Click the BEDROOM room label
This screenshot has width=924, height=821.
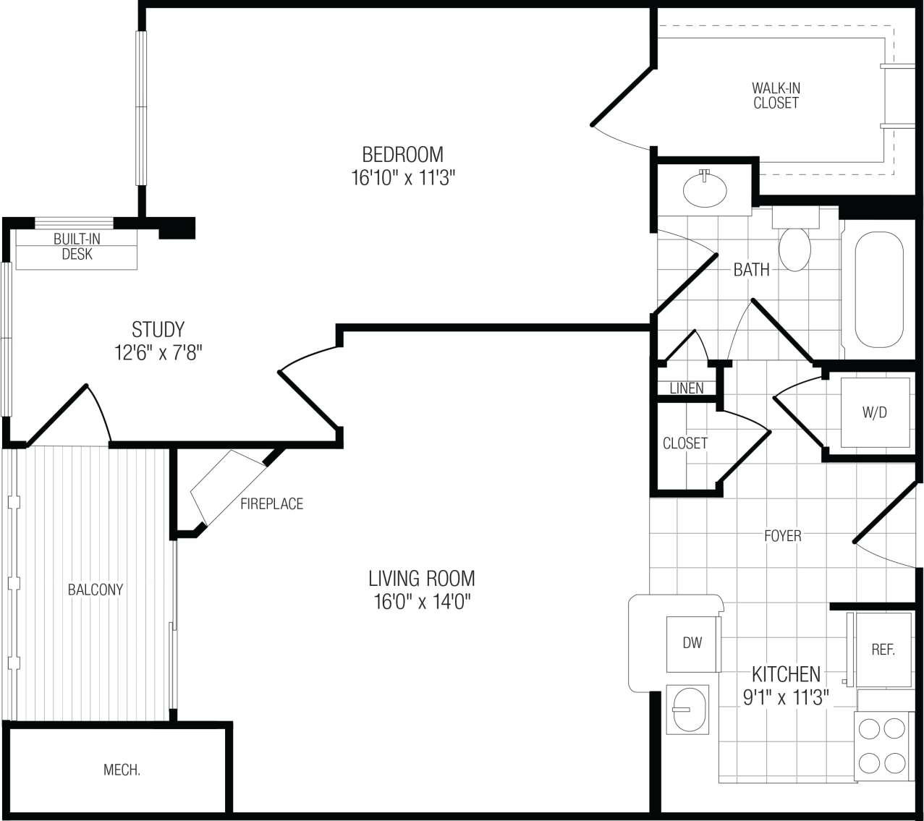(402, 154)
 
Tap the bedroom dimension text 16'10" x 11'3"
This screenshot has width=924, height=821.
(402, 178)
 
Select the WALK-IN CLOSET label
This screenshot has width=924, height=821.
(776, 95)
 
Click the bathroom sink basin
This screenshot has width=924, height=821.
(705, 189)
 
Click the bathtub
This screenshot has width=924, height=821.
(879, 289)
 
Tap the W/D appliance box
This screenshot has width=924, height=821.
(874, 412)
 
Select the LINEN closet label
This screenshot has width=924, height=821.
(686, 388)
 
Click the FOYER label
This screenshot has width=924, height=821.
(782, 536)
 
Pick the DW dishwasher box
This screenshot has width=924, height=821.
(692, 643)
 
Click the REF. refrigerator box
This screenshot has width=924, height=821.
(883, 650)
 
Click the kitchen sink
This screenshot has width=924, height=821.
(684, 709)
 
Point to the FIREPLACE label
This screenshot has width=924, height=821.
(271, 503)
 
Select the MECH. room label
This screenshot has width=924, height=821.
(122, 770)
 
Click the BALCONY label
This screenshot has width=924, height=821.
(96, 590)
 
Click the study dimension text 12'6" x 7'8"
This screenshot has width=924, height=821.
(158, 353)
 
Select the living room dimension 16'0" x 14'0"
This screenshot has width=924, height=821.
(422, 602)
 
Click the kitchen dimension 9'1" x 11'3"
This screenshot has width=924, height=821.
(786, 697)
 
